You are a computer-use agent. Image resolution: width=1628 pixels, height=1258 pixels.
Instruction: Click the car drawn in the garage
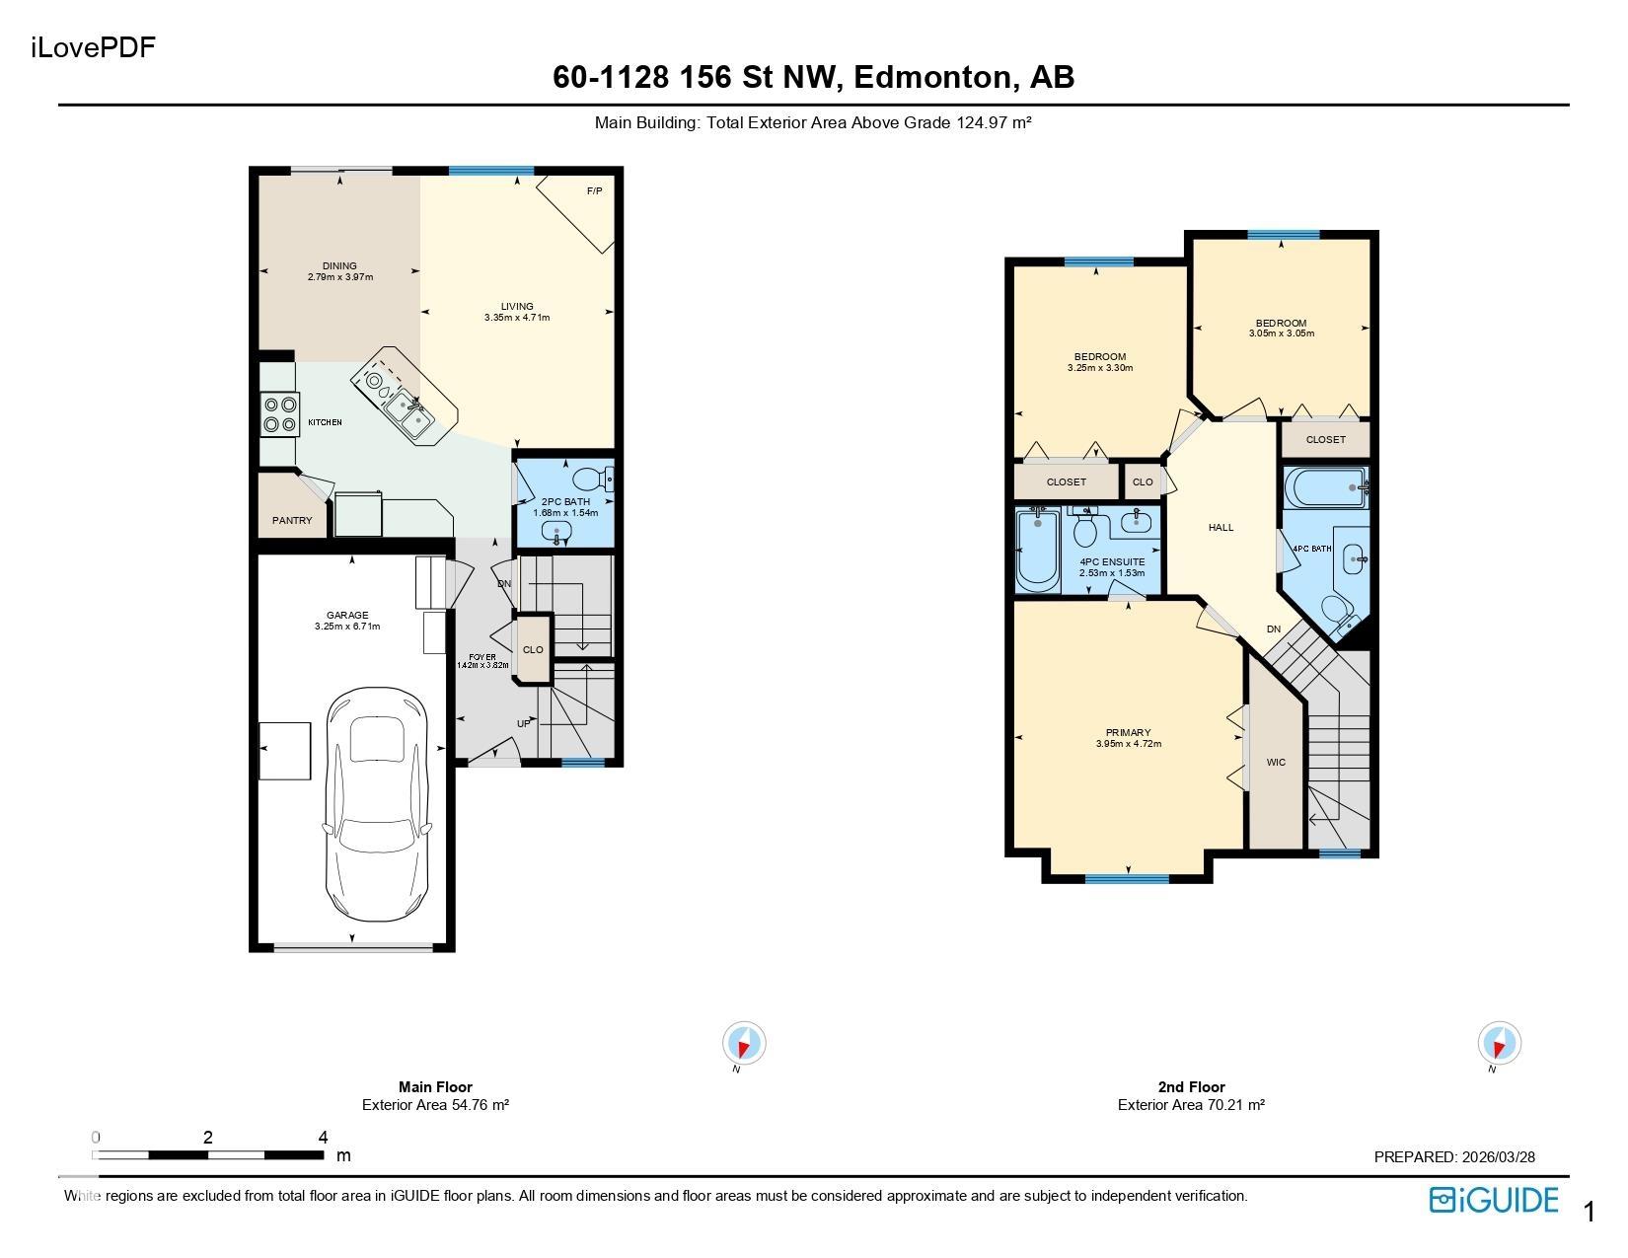point(378,804)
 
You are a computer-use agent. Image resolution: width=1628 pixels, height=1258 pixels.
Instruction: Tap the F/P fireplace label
point(594,191)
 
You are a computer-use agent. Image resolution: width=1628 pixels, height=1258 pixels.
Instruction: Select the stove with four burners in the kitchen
point(280,414)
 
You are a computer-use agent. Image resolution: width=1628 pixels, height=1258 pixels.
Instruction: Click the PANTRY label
point(292,520)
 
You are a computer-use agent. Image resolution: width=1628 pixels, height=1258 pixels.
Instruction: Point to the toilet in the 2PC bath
point(593,479)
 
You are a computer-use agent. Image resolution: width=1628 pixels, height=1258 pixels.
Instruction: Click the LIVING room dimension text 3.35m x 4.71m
point(517,318)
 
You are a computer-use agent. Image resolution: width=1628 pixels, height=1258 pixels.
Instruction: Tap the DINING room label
point(339,265)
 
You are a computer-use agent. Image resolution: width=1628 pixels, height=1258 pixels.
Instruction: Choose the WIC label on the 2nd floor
point(1276,762)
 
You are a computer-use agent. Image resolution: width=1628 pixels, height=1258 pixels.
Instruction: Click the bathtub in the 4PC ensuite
point(1038,550)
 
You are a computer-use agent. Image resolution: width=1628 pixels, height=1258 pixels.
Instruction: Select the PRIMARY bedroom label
point(1129,732)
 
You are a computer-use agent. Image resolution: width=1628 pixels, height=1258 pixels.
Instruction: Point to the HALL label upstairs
point(1221,528)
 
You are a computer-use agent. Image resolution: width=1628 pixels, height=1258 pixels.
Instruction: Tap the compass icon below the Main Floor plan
point(744,1042)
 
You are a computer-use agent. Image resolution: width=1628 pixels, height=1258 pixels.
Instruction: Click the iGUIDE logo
point(1493,1200)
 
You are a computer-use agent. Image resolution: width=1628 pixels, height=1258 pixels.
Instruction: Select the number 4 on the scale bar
point(323,1137)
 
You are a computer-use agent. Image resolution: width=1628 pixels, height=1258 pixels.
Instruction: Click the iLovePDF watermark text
point(93,47)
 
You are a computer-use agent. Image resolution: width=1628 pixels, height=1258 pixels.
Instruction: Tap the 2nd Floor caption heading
point(1191,1086)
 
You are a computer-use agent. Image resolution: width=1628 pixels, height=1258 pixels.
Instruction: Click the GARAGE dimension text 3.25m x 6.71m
point(347,627)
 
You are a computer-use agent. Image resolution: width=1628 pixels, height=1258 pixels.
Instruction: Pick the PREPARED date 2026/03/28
point(1499,1156)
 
